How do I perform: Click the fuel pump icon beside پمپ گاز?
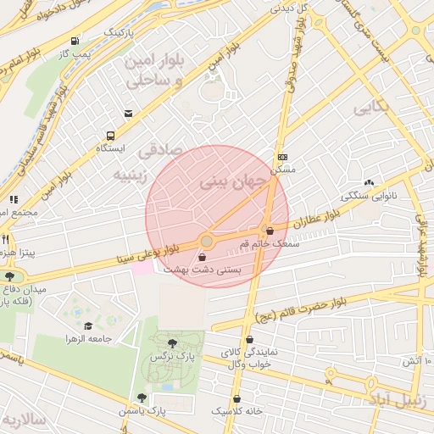tap(75, 41)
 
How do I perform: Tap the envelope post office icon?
tap(128, 113)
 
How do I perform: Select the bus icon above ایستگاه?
tap(110, 136)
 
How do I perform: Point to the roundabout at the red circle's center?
tap(206, 242)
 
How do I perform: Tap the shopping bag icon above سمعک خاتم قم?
tap(270, 231)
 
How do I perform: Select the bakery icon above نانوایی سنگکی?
tap(369, 183)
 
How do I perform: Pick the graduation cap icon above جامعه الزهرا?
tap(88, 325)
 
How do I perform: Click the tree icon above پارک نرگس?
tap(173, 343)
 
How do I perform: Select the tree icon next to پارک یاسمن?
tap(142, 397)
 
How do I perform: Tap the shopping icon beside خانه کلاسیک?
tap(236, 398)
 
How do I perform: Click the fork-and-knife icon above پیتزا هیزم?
tap(6, 240)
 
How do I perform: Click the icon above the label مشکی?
tap(282, 157)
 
